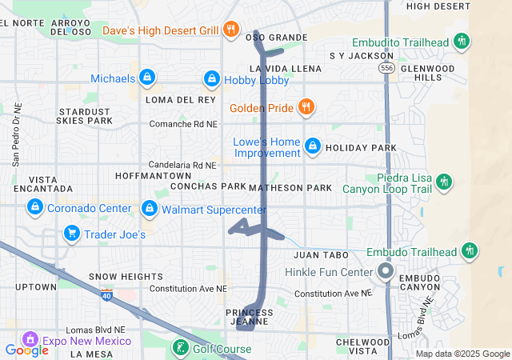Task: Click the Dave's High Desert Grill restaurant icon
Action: [x=230, y=30]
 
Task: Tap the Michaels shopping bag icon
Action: [x=147, y=78]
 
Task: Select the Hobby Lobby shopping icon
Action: [x=211, y=78]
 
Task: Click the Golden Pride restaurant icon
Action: [x=306, y=106]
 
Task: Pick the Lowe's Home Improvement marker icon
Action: [x=313, y=146]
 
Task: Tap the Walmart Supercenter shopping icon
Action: [x=149, y=209]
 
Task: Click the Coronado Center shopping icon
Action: [x=34, y=208]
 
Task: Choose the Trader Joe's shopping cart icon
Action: [x=72, y=234]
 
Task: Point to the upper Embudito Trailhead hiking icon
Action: [x=461, y=41]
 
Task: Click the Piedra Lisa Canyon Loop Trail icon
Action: [x=444, y=182]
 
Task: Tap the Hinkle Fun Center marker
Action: [x=385, y=271]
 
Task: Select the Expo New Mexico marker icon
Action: [x=30, y=340]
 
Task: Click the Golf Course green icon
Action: [x=181, y=347]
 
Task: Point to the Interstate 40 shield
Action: [x=106, y=296]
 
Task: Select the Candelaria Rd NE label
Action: [x=183, y=165]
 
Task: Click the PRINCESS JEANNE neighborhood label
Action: [x=250, y=317]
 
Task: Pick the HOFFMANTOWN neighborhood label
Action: [x=153, y=175]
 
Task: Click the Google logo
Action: [x=26, y=350]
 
